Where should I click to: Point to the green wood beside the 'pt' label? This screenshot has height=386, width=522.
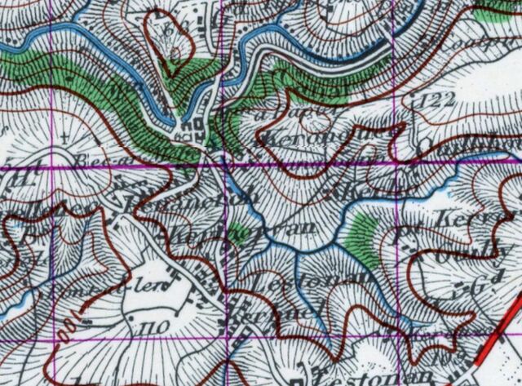pos(359,236)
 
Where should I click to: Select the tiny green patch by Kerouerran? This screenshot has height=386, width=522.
pos(236,231)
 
